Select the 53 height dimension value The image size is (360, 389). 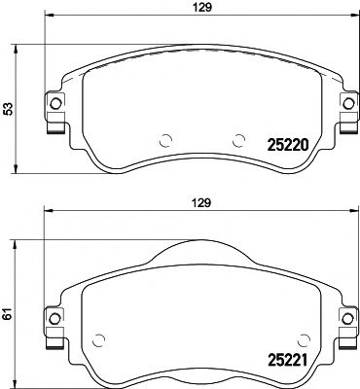(x=8, y=109)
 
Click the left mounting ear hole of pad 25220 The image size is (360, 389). (x=55, y=104)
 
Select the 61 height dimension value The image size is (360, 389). (x=8, y=314)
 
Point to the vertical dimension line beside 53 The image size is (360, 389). (x=19, y=109)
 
